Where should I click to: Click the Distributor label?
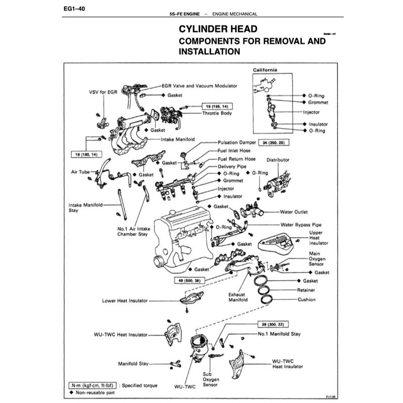tap(278, 160)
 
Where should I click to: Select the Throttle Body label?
tap(217, 114)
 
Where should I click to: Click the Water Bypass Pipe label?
tap(301, 224)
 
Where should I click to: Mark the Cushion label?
tap(306, 300)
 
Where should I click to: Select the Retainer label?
tap(306, 290)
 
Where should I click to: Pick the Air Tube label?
tap(80, 172)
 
